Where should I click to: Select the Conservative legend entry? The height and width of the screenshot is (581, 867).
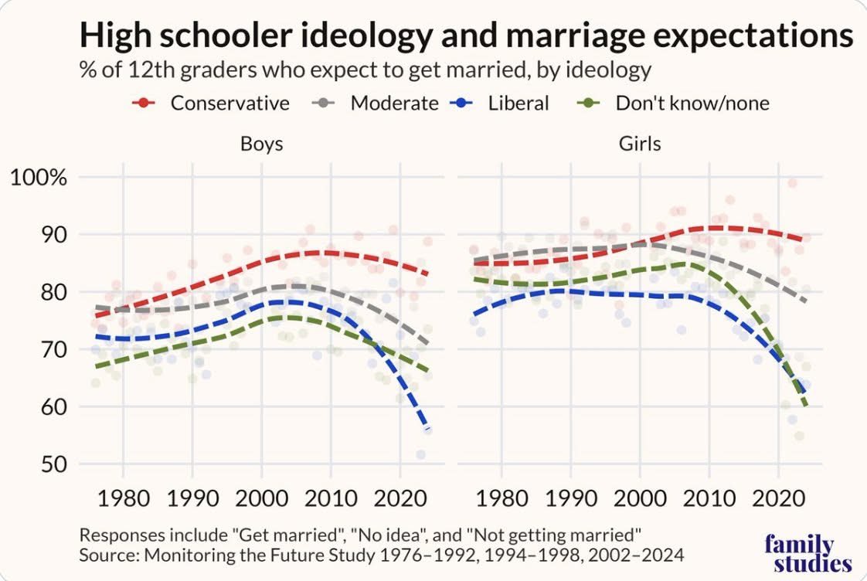tap(211, 103)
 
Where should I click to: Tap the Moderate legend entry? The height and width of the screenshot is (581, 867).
tap(376, 103)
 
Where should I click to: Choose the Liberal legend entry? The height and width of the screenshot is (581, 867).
tap(499, 103)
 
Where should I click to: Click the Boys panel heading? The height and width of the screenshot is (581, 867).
tap(261, 144)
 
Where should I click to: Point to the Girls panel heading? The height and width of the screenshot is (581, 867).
tap(640, 144)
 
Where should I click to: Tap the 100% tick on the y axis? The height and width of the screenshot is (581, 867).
tap(39, 178)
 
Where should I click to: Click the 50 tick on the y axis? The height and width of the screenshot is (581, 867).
tap(53, 464)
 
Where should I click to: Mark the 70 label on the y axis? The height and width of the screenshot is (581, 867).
tap(53, 349)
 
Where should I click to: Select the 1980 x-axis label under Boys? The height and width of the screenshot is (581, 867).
tap(124, 498)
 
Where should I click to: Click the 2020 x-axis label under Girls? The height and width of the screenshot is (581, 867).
tap(778, 498)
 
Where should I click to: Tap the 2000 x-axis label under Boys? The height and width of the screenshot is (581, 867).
tap(261, 498)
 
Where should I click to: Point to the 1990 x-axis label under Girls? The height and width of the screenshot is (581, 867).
tap(570, 498)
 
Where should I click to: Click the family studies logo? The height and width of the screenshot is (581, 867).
tap(807, 553)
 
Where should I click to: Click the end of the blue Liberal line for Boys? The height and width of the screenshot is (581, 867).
tap(427, 429)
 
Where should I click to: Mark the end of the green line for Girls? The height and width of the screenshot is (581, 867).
tap(806, 405)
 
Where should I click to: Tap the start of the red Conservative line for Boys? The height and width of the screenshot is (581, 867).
tap(97, 316)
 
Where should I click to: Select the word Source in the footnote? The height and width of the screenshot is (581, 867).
tap(108, 555)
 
